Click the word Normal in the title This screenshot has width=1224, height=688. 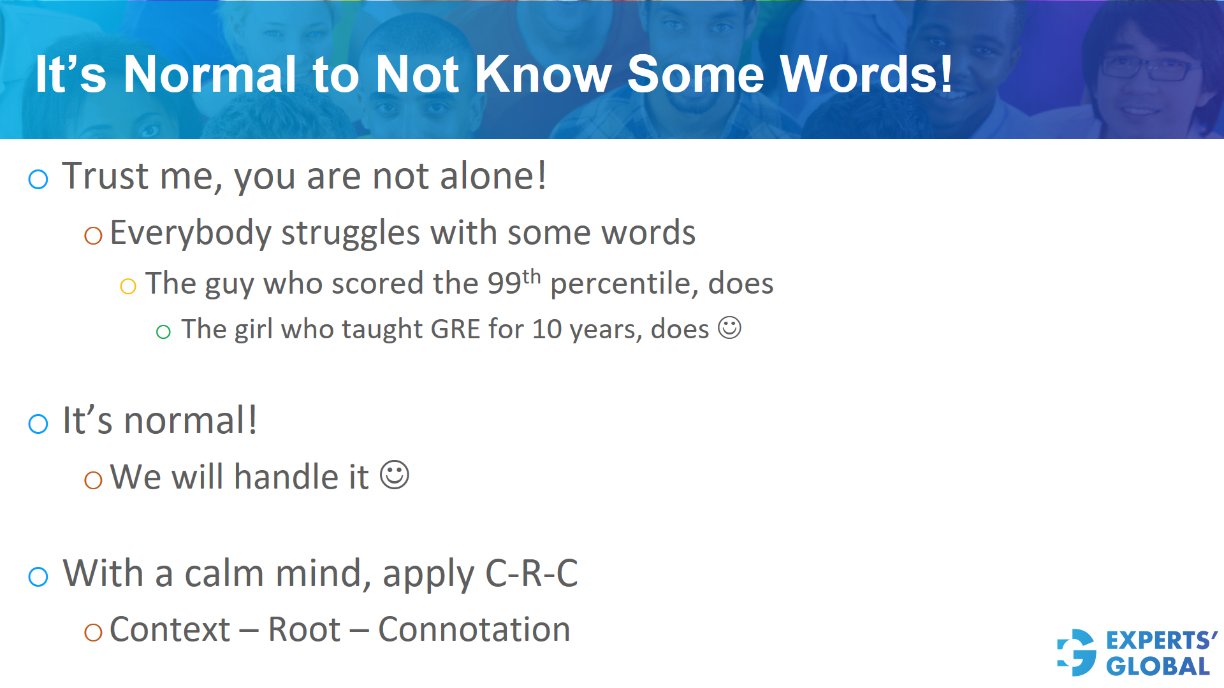click(210, 75)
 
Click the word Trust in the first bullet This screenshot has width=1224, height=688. click(105, 176)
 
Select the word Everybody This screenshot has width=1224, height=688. click(191, 233)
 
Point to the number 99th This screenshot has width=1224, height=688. click(514, 282)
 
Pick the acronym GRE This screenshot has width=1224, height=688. click(455, 329)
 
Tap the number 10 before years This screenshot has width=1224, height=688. click(546, 329)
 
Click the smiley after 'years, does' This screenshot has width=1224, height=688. click(729, 328)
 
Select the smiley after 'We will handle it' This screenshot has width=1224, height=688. click(395, 475)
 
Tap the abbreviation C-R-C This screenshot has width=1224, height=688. click(531, 573)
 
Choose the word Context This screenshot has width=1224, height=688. click(170, 630)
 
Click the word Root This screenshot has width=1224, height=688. click(304, 630)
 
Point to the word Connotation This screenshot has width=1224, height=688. click(474, 630)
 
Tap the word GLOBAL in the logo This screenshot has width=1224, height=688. click(1158, 666)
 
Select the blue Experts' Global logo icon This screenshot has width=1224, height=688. click(1077, 652)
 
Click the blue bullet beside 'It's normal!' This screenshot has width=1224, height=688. click(38, 424)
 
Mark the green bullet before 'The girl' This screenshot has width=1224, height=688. click(163, 332)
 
